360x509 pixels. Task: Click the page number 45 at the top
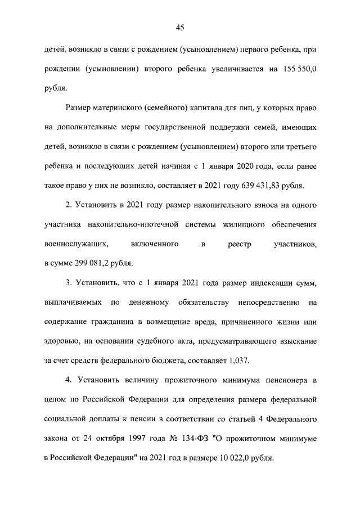click(x=180, y=27)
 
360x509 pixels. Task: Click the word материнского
click(x=120, y=107)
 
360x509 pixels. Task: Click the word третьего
click(x=298, y=146)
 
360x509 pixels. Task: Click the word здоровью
click(x=61, y=341)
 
